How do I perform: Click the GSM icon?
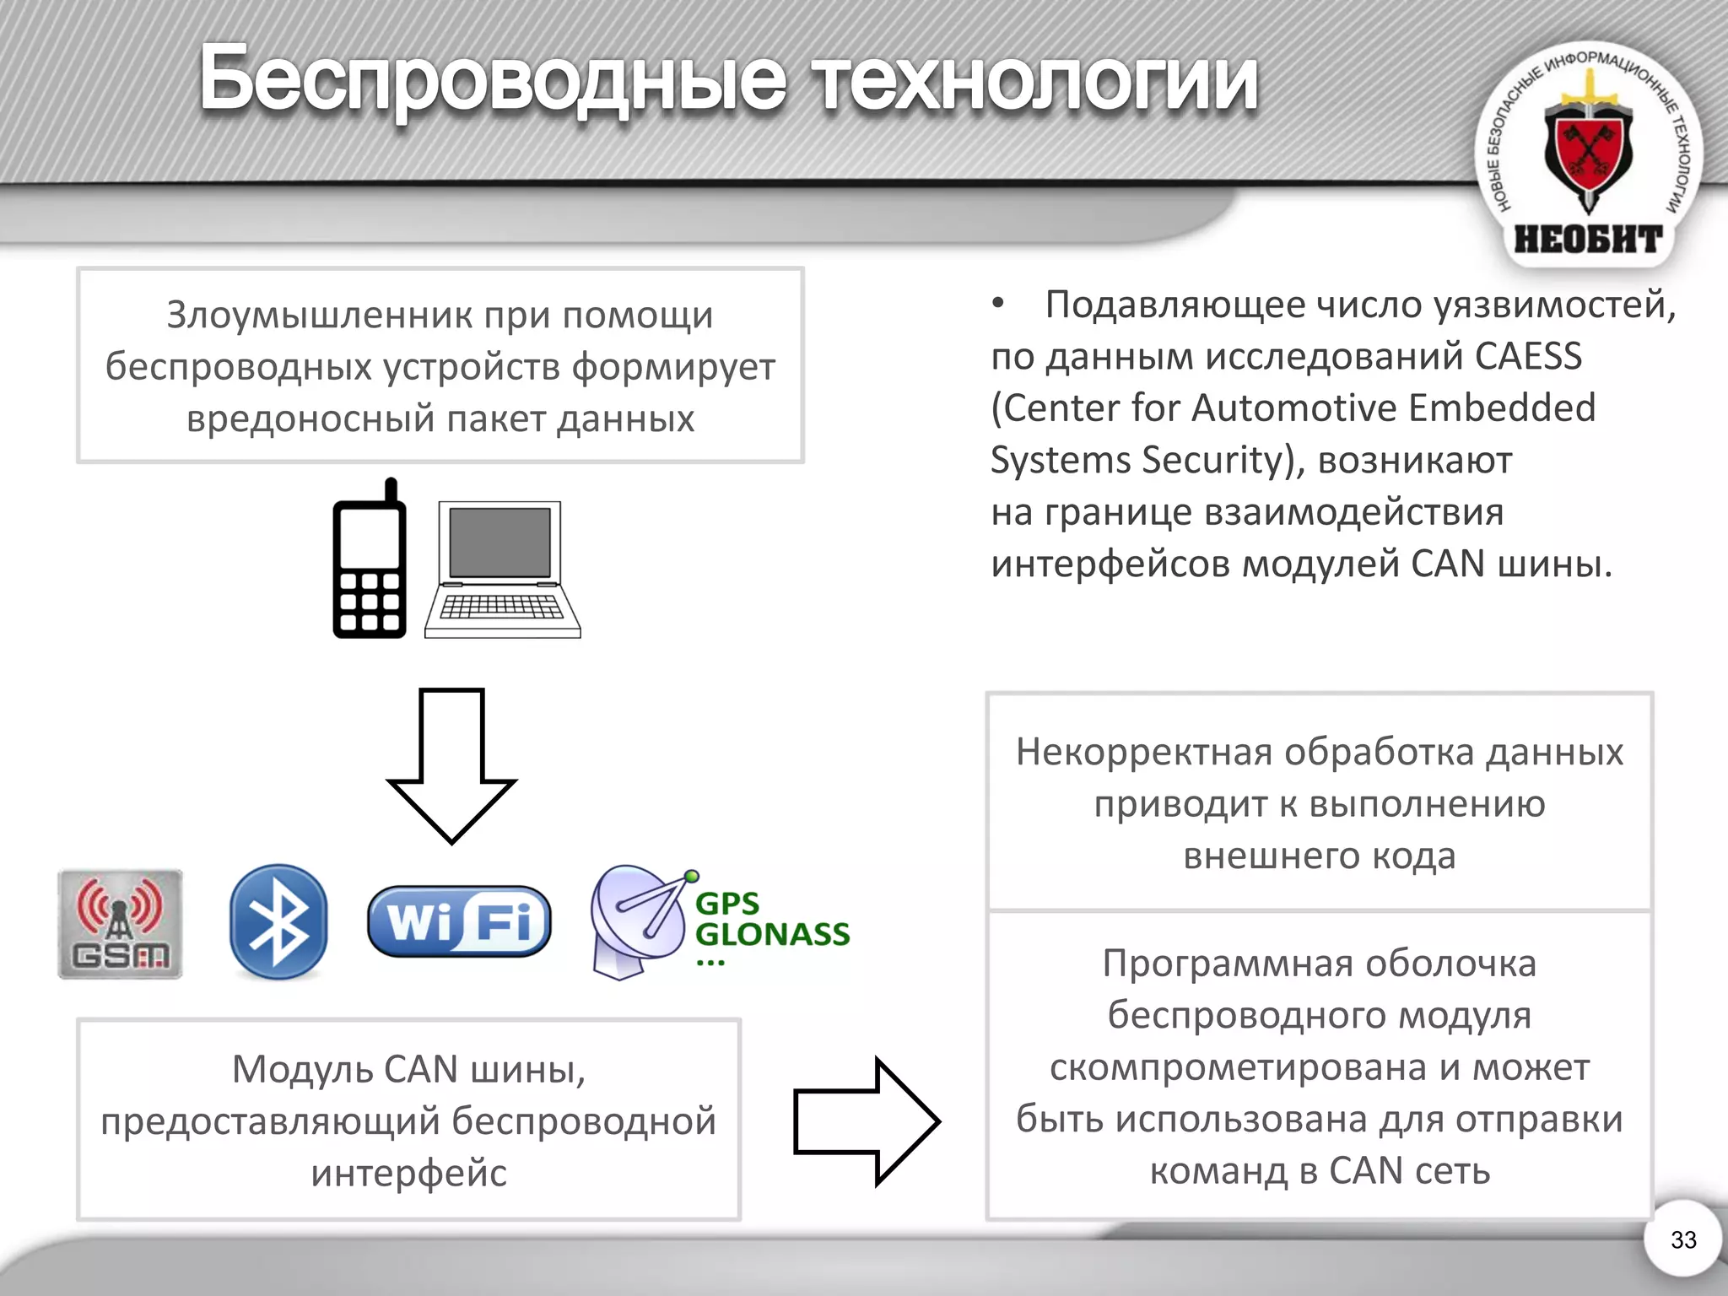(120, 924)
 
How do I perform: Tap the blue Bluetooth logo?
(278, 921)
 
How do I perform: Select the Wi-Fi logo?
(459, 921)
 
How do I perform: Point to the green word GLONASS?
(772, 934)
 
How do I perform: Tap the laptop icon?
(503, 570)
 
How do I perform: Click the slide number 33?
(1683, 1239)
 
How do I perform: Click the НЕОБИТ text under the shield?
(1588, 240)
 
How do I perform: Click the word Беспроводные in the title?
(493, 80)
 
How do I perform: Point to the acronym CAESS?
(1528, 356)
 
